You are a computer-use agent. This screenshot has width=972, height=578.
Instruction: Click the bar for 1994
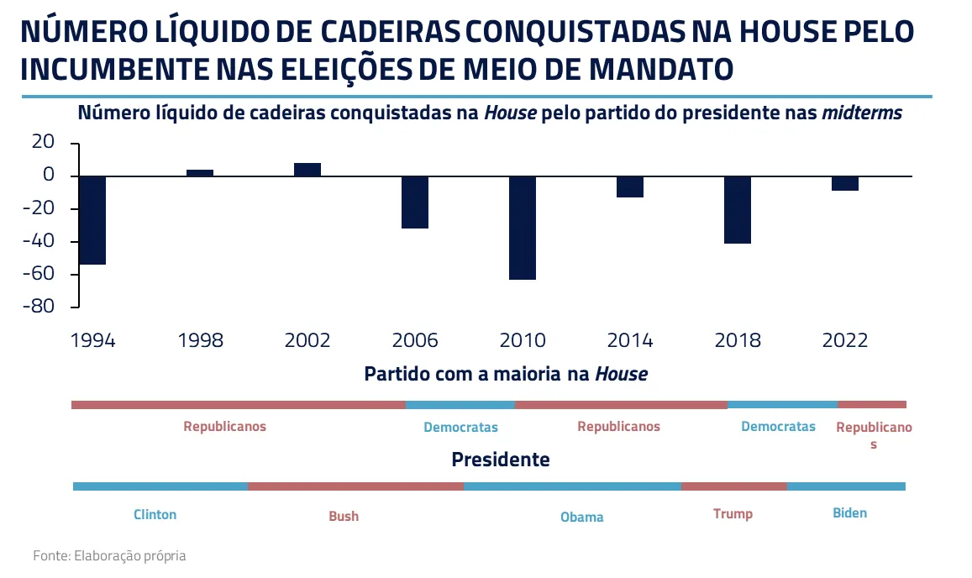click(x=92, y=220)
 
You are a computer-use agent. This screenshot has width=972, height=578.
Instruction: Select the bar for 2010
click(x=523, y=227)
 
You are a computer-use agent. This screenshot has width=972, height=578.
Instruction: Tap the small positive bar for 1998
click(x=200, y=172)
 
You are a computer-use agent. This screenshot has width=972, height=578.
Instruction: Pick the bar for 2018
click(x=738, y=209)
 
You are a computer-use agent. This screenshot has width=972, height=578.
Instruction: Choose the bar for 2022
click(x=845, y=183)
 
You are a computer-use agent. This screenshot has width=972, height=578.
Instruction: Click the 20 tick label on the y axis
click(x=42, y=143)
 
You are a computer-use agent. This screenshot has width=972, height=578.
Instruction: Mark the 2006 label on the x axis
click(x=415, y=340)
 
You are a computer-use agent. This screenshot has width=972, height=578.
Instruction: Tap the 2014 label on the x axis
click(x=630, y=340)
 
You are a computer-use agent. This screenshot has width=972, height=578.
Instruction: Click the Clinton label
click(x=155, y=514)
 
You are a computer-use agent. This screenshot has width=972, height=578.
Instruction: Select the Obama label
click(x=582, y=517)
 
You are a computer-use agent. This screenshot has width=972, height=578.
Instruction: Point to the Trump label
click(x=733, y=513)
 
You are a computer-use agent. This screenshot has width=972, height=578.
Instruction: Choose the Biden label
click(x=849, y=512)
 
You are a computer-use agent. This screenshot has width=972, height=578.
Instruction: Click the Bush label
click(x=344, y=516)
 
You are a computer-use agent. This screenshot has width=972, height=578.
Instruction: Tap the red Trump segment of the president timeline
click(x=733, y=486)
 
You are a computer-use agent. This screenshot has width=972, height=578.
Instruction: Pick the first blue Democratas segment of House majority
click(x=460, y=405)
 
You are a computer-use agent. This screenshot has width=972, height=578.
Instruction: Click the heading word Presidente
click(x=501, y=460)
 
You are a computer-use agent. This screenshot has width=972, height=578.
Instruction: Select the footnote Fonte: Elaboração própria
click(x=109, y=555)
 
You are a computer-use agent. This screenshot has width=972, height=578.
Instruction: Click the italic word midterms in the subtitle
click(x=862, y=113)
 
